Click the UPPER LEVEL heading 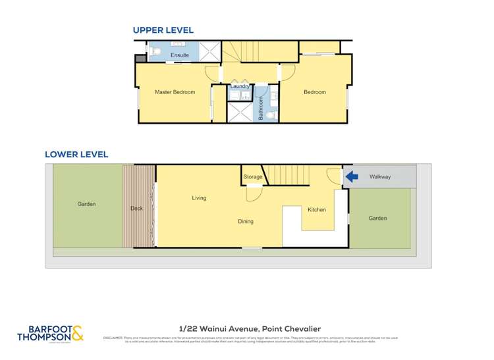[x=163, y=30]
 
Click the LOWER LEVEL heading [x=76, y=155]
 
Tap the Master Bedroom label [x=175, y=92]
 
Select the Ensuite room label [x=180, y=55]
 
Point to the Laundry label [x=239, y=86]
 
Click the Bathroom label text [x=261, y=108]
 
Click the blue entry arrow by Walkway [x=352, y=176]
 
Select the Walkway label [x=380, y=176]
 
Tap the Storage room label [x=252, y=177]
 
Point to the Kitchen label [x=317, y=210]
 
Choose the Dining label [x=246, y=222]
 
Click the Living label [x=199, y=198]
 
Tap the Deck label [x=136, y=209]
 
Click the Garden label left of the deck [x=86, y=204]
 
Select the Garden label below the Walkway [x=377, y=218]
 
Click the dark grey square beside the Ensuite [x=140, y=59]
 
